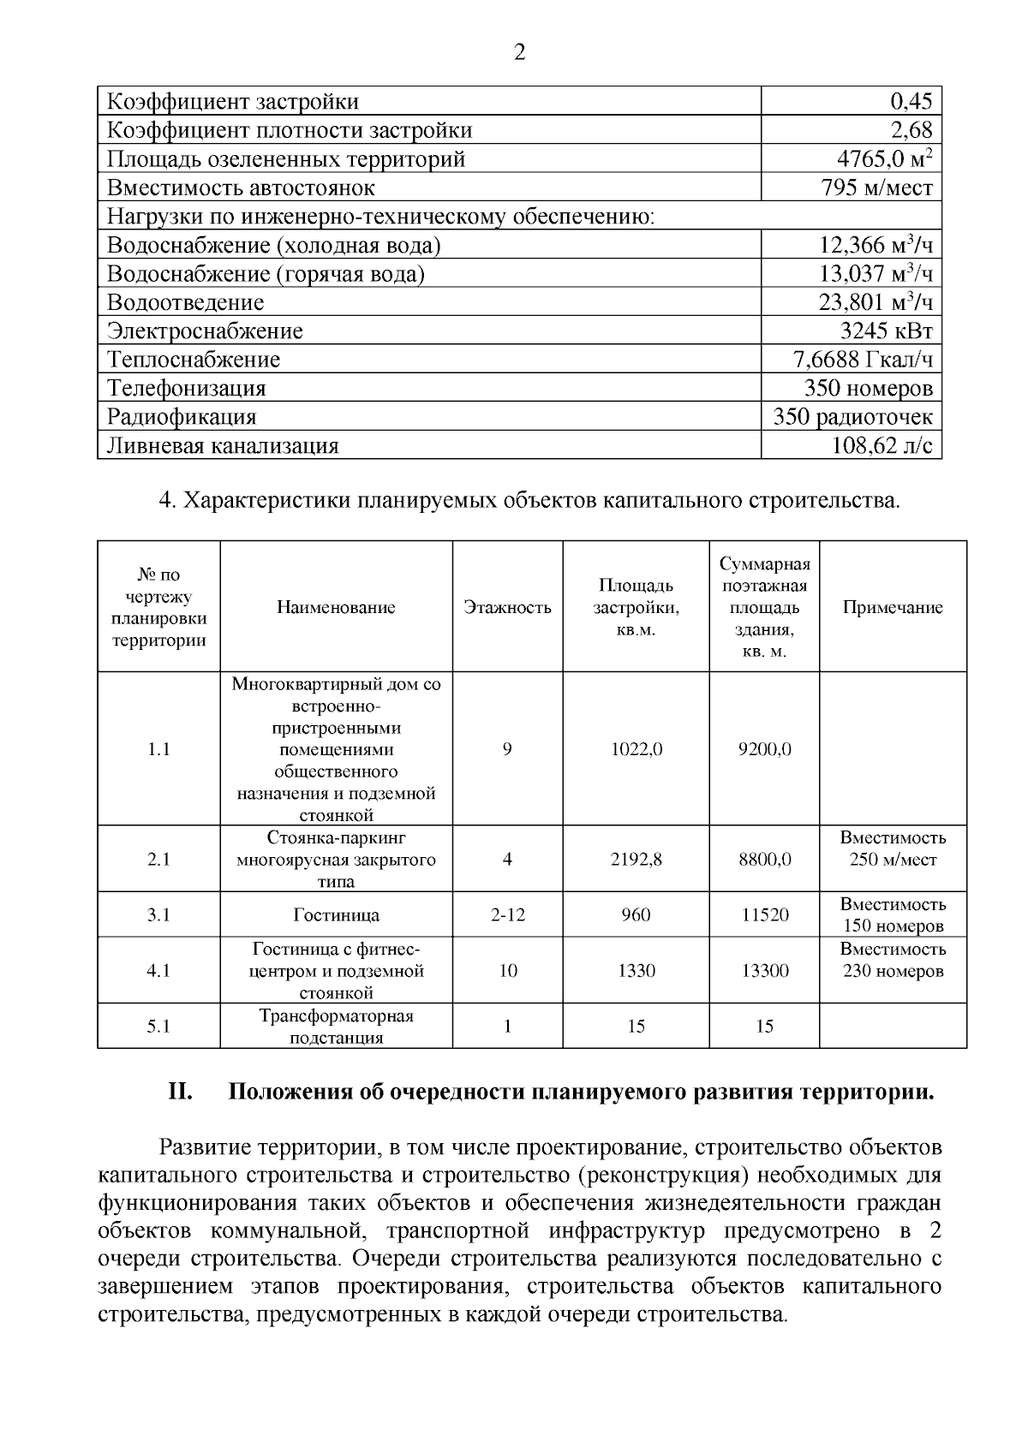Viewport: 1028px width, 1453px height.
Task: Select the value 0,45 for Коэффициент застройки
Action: pos(911,102)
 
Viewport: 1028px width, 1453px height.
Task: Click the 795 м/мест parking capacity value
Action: pos(876,188)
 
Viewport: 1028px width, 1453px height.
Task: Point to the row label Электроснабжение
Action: pos(205,331)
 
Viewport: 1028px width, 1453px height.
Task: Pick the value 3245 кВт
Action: pos(886,331)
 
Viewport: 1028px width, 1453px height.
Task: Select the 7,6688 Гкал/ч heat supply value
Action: pos(863,360)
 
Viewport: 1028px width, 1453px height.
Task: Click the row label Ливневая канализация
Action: pos(223,446)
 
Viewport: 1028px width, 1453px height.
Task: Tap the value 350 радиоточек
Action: pos(852,417)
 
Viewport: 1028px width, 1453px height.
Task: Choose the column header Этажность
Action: pos(507,608)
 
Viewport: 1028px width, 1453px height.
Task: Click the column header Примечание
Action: pos(893,608)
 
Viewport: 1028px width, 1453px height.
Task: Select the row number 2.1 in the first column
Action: pos(158,859)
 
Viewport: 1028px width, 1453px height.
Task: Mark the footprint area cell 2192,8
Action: pos(636,859)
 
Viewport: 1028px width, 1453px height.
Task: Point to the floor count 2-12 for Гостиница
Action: pos(507,915)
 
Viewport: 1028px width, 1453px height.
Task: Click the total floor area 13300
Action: pos(764,971)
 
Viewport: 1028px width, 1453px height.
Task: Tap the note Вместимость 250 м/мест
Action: pos(893,849)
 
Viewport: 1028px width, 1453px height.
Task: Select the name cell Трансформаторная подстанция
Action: pos(336,1027)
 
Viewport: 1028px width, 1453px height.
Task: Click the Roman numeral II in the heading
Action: pos(178,1093)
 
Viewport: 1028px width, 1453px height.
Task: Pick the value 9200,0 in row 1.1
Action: pos(764,750)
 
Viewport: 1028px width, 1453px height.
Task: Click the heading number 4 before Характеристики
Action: pos(167,500)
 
